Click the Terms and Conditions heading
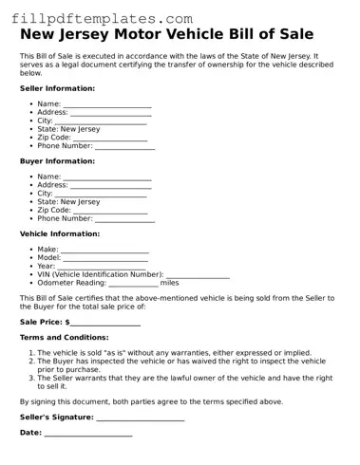tap(70, 338)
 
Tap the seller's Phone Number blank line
tap(124, 149)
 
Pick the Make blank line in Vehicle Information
tap(105, 251)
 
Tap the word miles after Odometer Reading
tap(169, 283)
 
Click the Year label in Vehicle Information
tap(46, 266)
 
